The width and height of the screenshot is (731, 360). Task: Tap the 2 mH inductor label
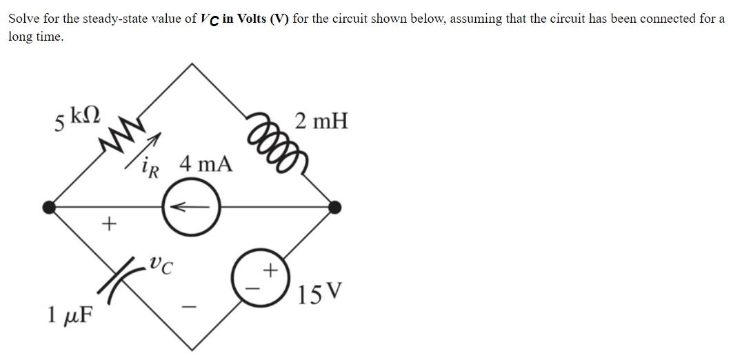321,122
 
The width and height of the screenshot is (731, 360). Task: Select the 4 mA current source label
206,164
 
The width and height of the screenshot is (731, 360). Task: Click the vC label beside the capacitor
161,263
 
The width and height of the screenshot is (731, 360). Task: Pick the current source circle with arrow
191,206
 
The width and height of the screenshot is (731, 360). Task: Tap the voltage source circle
263,277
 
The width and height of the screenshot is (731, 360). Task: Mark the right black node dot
334,206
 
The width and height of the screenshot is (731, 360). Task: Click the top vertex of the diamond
191,63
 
